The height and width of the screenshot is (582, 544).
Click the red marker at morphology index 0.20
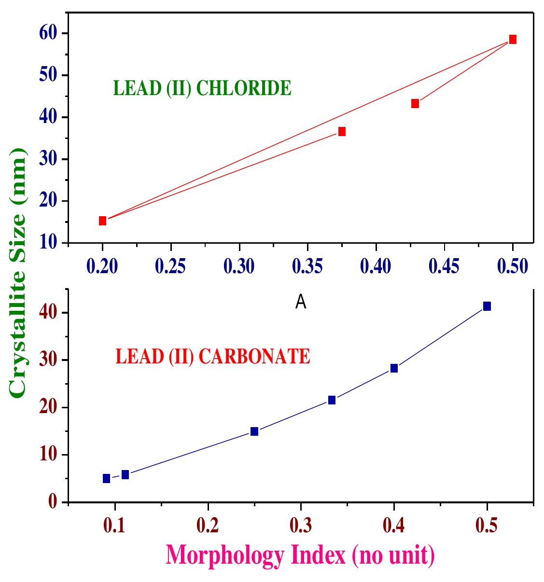point(102,221)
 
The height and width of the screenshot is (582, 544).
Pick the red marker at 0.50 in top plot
point(513,39)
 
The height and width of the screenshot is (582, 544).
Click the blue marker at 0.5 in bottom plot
point(487,306)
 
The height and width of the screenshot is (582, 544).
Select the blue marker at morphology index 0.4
point(394,368)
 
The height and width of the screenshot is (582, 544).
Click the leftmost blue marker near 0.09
point(106,478)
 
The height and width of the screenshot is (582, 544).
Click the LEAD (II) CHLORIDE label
point(202,89)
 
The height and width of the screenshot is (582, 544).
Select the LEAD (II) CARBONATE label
point(212,357)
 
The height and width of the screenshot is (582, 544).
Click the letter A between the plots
point(301,302)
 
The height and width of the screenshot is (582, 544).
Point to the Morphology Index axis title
point(300,555)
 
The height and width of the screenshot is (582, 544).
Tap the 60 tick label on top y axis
point(50,34)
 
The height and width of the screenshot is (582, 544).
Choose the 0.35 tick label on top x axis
point(307,266)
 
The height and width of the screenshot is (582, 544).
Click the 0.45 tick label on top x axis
point(445,266)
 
